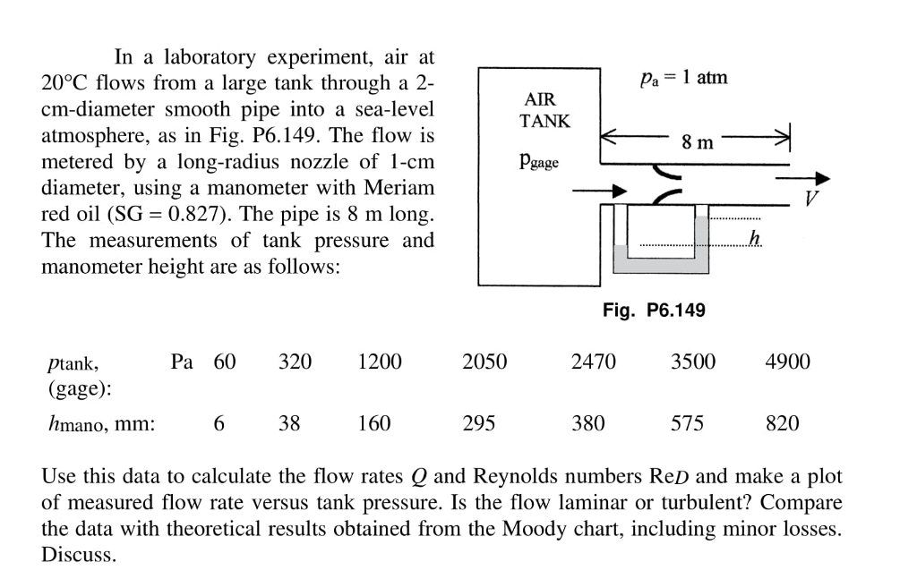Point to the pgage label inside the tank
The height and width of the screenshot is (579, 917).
[538, 162]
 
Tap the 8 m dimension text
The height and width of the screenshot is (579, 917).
[697, 141]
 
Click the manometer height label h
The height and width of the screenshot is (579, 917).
[754, 237]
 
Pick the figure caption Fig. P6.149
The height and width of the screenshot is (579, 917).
[654, 310]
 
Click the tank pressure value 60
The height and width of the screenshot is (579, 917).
[225, 362]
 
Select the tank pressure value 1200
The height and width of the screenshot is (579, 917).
[379, 362]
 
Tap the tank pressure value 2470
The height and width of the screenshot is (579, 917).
[593, 362]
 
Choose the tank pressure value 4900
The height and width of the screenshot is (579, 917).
[787, 362]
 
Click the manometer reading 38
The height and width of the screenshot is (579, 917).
[288, 423]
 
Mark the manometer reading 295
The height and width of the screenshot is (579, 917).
[479, 423]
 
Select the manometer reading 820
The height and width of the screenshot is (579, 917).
[782, 423]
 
